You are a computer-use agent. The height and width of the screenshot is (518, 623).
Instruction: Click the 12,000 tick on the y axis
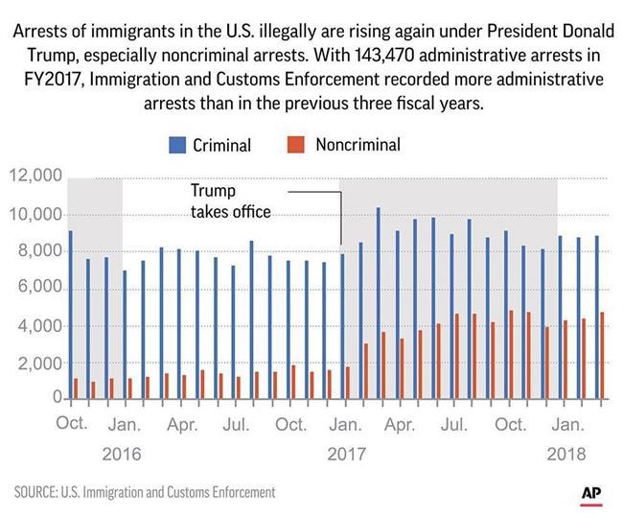coord(35,177)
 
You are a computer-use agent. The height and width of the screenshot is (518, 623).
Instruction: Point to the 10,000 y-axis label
coord(35,214)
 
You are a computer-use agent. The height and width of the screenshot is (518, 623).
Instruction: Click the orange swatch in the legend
coord(296,146)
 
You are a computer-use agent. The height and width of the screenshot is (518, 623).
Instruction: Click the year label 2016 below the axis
coord(122,452)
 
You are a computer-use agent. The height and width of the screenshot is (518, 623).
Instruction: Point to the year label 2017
coord(348,452)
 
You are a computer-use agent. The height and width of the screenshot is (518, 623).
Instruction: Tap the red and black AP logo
coord(592,493)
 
